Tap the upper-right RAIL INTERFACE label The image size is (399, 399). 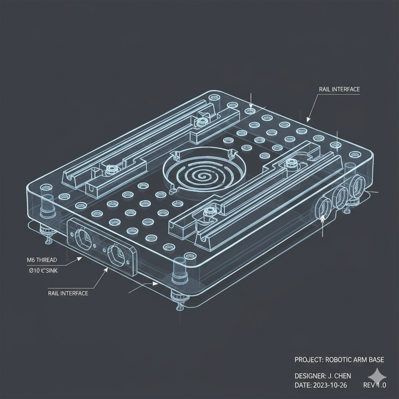(x=339, y=89)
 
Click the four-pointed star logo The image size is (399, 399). (x=377, y=376)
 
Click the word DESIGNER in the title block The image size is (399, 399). (x=310, y=376)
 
